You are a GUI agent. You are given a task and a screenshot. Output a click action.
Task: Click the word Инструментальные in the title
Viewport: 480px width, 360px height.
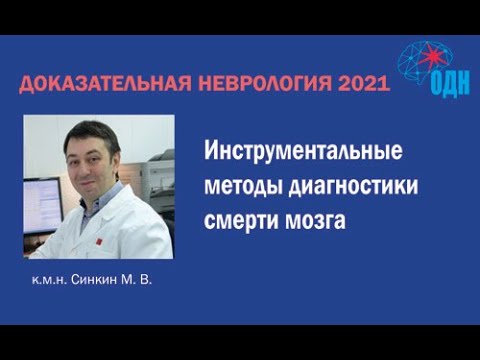pos(303,155)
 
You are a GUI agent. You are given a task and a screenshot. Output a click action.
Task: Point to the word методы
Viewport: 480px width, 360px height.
pos(243,188)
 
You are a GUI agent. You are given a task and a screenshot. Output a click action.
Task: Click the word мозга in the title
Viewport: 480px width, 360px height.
pos(319,221)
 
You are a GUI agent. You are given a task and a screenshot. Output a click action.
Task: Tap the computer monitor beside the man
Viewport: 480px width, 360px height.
pos(40,205)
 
